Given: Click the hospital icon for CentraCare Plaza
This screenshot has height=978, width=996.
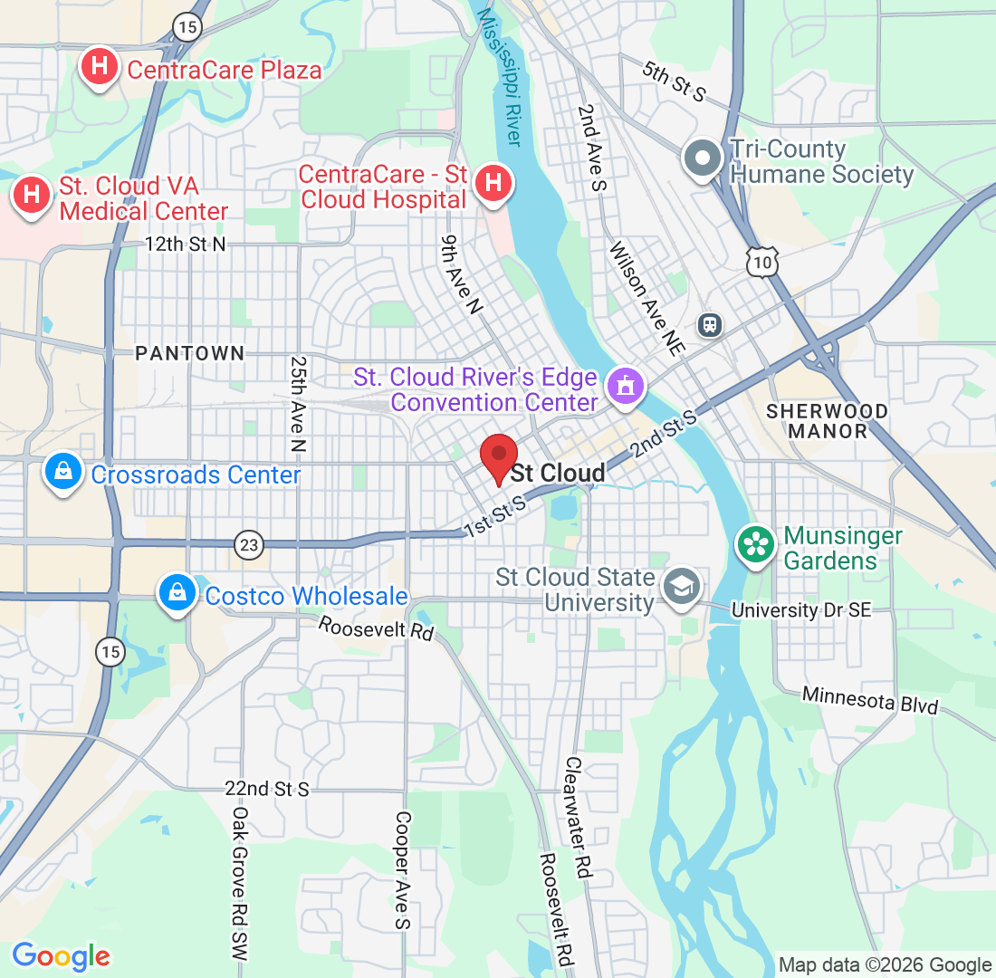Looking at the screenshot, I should pos(100,67).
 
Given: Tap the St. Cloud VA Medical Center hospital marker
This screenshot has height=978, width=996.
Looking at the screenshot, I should pos(32,195).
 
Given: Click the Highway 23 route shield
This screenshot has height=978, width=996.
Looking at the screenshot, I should pos(249,544).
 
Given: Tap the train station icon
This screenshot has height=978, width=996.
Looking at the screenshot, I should pos(710,323).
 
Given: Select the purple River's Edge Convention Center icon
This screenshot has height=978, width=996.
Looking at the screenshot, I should pos(625,387).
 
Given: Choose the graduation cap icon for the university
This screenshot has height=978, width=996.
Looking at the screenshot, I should pos(678,586).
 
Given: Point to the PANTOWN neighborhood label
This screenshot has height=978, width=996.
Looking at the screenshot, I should pos(190,353).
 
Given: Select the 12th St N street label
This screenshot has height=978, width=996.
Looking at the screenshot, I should pos(186,244).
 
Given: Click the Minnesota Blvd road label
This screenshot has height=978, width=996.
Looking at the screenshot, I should pos(869,700).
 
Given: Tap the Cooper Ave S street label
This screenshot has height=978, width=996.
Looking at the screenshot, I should pos(402,869).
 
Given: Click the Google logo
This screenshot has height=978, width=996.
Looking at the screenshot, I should pos(61,955).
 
